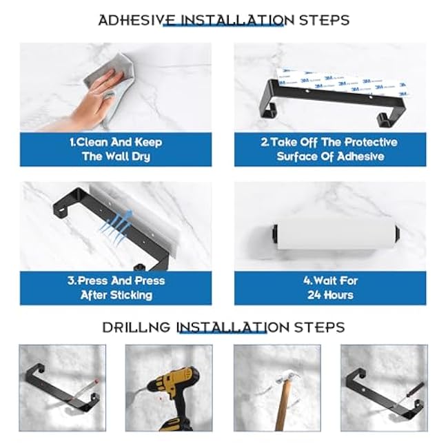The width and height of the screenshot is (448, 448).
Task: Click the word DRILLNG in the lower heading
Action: [x=137, y=327]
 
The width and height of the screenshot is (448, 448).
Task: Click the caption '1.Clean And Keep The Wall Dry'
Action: [x=116, y=149]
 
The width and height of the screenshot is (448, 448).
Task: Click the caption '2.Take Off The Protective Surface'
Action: [x=329, y=149]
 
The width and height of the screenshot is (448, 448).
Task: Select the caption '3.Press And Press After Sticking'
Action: [x=116, y=288]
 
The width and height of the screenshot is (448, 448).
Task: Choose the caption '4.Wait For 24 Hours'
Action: [x=329, y=288]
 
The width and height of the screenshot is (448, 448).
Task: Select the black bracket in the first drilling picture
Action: [x=59, y=389]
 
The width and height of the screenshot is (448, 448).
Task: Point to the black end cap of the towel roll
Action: [x=274, y=232]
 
